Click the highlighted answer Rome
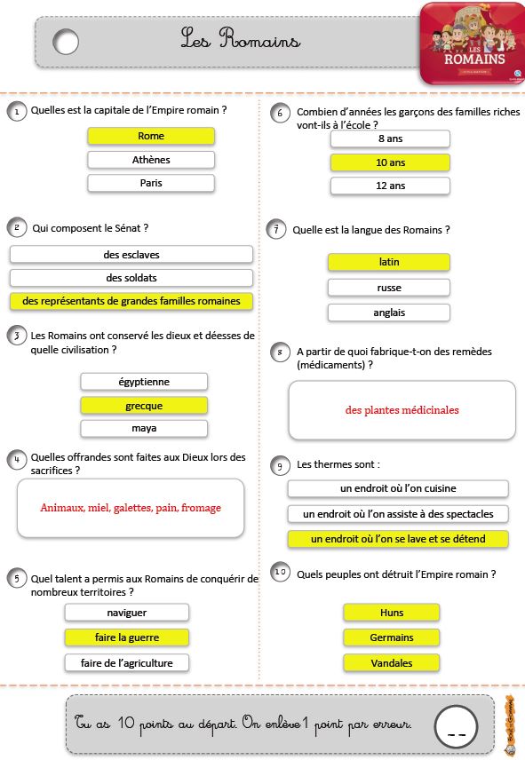151,136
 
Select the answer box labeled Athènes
151,160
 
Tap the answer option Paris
151,183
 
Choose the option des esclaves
131,255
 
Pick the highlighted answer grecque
144,406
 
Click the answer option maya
144,429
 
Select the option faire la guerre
126,637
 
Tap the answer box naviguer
126,613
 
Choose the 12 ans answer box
390,186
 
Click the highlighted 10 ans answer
390,162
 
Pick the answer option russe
389,288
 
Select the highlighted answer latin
389,262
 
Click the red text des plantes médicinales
402,410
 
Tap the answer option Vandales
391,663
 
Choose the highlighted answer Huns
391,613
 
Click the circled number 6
280,113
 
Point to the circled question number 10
280,572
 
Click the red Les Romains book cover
473,44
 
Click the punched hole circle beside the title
66,42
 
